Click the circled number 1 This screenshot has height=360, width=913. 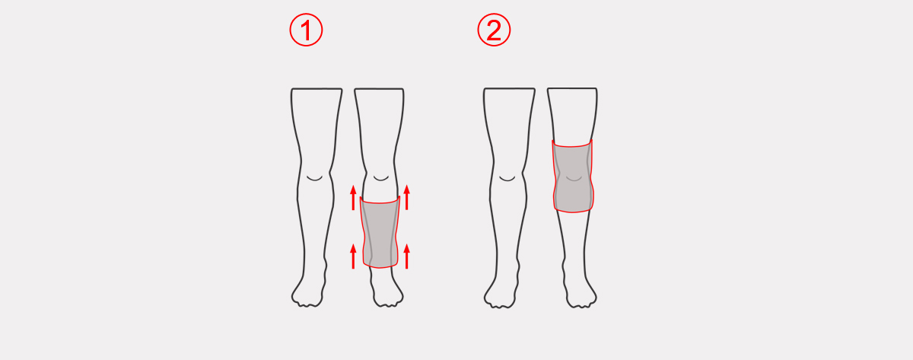(306, 30)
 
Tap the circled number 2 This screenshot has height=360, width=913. (494, 30)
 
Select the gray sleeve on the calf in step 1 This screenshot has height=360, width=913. (380, 232)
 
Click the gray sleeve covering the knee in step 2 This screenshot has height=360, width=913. (573, 176)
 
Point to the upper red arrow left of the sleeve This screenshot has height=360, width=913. (353, 198)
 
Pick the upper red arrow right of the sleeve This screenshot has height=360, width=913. (407, 197)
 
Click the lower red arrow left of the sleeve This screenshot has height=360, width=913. (353, 256)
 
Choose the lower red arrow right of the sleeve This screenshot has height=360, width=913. (407, 256)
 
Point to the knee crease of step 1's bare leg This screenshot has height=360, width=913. (314, 179)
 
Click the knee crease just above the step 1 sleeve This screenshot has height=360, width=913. (381, 179)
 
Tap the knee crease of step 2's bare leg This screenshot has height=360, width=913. (507, 179)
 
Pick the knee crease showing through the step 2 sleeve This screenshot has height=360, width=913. (574, 179)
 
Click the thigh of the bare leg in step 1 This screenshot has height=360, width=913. (317, 123)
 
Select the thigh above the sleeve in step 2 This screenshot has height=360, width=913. (572, 114)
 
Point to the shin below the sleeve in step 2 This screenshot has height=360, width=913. (574, 237)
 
